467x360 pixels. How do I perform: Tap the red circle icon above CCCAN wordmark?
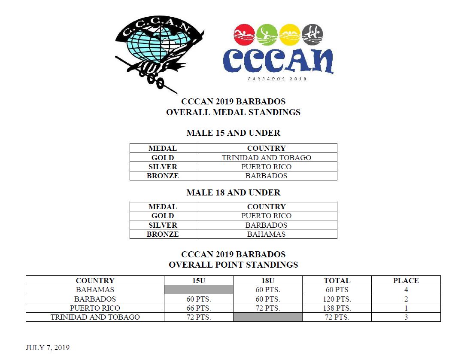(244, 34)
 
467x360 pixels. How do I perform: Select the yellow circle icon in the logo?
(290, 34)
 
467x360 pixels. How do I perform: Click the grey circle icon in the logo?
(312, 34)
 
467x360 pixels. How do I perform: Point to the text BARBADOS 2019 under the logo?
(278, 79)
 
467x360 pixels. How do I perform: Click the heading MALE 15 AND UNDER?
(233, 133)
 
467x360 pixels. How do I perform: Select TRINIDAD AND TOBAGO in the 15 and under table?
(266, 158)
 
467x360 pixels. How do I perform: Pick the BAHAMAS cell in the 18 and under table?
(266, 234)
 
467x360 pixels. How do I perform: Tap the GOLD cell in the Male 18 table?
(163, 216)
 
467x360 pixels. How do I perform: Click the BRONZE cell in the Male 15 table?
(163, 176)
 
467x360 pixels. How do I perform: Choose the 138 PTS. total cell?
(337, 308)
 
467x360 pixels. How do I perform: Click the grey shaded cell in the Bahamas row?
(199, 290)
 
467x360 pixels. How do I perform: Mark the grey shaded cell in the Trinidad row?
(268, 317)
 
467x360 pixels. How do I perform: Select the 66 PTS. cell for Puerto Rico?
(199, 308)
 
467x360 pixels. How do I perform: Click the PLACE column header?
(406, 281)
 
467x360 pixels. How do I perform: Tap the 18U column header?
(268, 281)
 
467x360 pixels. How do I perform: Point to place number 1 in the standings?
(406, 308)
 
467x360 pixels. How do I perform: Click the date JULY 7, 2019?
(48, 347)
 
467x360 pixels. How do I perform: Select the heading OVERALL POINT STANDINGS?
(233, 265)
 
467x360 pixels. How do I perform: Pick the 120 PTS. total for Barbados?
(337, 299)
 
